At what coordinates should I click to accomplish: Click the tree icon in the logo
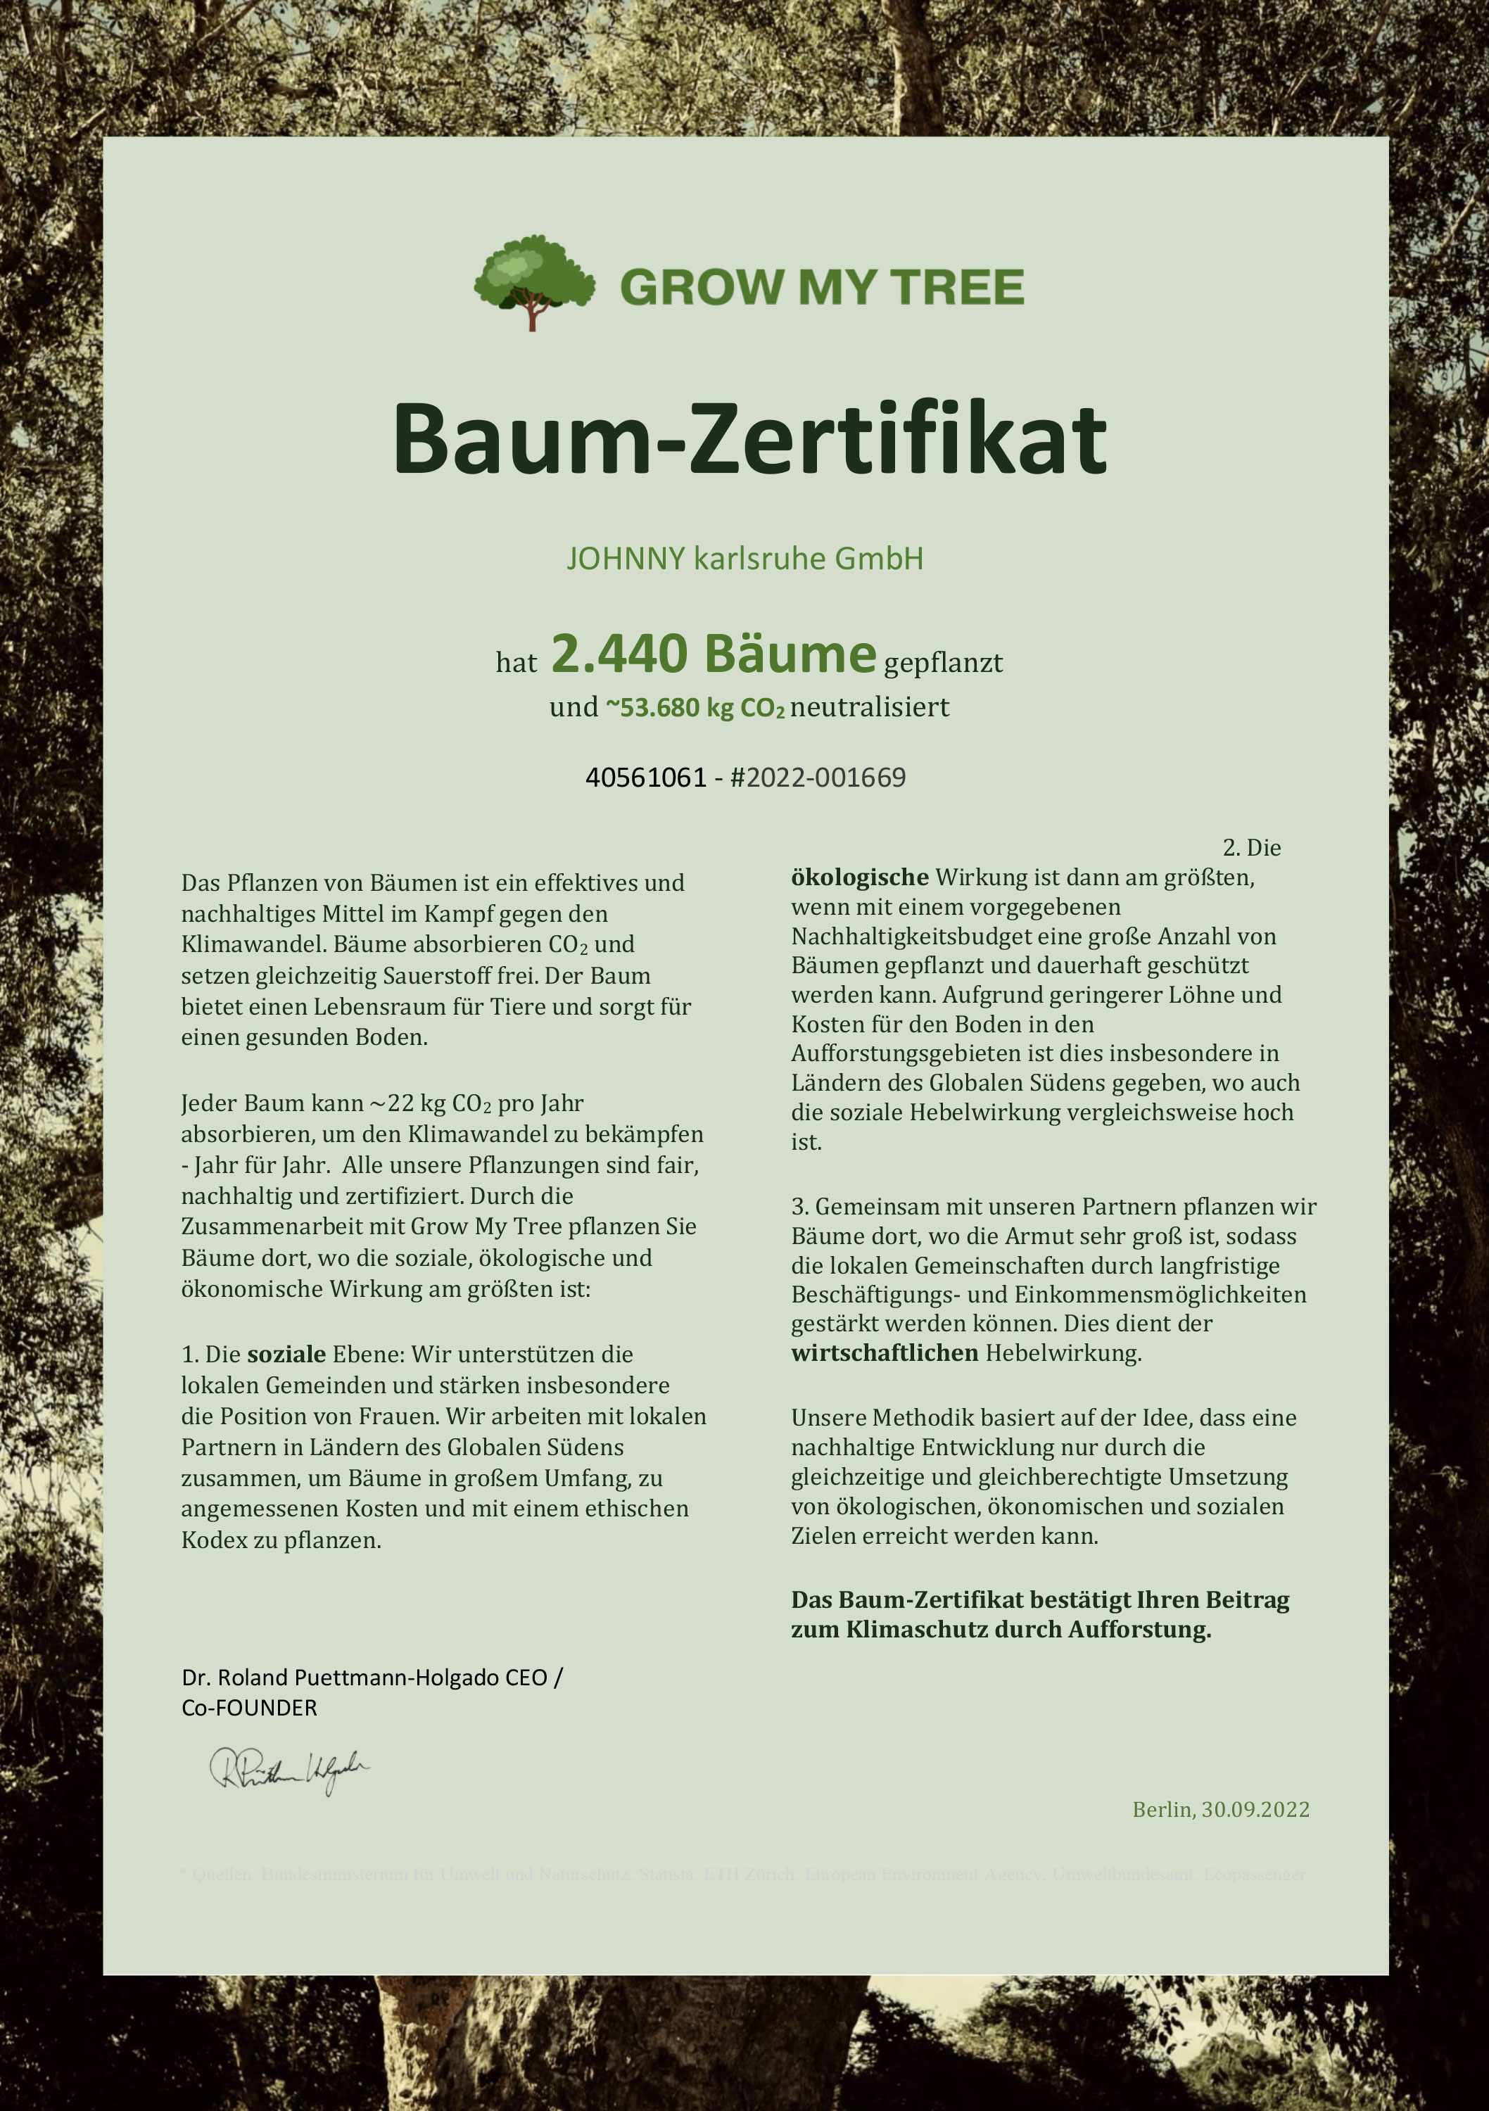[533, 281]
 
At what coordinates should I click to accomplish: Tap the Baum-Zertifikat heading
[749, 440]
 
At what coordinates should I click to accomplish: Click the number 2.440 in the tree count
[619, 654]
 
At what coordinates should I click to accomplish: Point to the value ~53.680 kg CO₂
[695, 708]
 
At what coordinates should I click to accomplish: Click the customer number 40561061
[645, 778]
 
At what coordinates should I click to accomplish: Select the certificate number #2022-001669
[818, 778]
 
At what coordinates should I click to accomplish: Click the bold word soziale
[286, 1355]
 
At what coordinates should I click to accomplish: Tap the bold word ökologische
[859, 877]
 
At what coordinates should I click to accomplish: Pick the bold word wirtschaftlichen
[884, 1353]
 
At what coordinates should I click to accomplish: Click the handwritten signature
[289, 1769]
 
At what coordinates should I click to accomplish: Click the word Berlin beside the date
[1162, 1809]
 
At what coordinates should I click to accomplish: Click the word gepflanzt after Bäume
[943, 663]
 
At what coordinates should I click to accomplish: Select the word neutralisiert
[869, 707]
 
